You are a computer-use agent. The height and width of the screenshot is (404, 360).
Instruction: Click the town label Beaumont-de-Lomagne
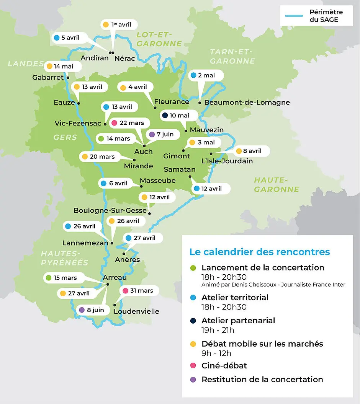tap(247, 103)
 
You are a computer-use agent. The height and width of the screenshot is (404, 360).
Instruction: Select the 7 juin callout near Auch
tap(161, 134)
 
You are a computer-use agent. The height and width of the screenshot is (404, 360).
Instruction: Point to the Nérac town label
tap(125, 59)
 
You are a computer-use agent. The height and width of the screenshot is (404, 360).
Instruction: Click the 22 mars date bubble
tap(128, 123)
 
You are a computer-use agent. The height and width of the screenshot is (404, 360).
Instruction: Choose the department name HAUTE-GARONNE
tap(277, 184)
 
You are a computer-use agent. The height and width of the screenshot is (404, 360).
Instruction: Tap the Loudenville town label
tap(136, 311)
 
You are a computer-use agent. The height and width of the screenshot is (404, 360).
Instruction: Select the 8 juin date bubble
tap(92, 310)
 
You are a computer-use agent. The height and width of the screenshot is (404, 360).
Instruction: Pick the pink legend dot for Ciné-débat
tap(193, 366)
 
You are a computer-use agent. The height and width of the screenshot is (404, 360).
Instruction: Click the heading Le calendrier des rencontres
tap(259, 252)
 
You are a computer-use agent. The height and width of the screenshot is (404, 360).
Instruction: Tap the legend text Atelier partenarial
tap(238, 321)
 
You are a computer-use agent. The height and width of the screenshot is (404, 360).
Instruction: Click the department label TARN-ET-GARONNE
tap(232, 56)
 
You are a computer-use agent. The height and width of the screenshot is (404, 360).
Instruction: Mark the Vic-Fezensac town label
tap(78, 123)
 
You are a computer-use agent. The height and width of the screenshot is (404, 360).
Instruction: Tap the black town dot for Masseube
tap(141, 186)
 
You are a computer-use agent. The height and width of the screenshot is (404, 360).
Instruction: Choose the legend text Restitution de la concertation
tap(262, 380)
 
